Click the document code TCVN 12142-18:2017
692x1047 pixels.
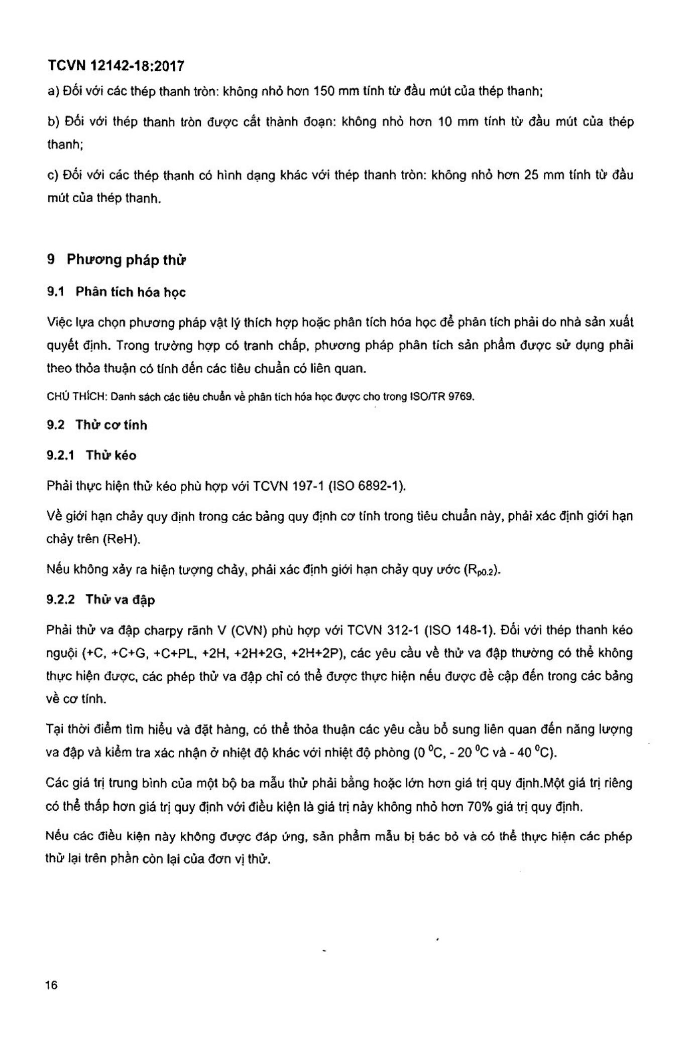[x=116, y=66]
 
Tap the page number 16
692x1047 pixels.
[x=51, y=985]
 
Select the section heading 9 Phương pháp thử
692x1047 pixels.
[x=117, y=260]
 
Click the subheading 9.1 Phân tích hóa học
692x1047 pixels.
[x=116, y=292]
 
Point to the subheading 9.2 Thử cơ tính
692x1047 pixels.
[x=97, y=425]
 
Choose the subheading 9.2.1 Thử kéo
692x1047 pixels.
[x=91, y=455]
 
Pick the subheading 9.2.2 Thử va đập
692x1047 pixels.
[x=100, y=600]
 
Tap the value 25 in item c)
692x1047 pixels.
[x=531, y=175]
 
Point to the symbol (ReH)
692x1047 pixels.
[x=121, y=539]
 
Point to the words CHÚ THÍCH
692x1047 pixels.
[x=76, y=397]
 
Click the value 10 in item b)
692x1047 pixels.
[x=445, y=122]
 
